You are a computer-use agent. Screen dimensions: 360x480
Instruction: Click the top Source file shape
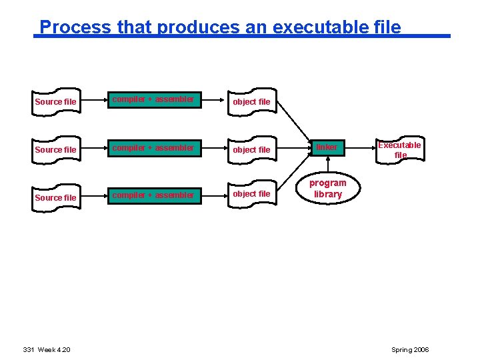click(x=55, y=101)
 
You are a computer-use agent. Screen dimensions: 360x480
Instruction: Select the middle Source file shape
click(x=55, y=149)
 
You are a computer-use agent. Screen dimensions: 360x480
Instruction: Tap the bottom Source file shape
click(x=55, y=197)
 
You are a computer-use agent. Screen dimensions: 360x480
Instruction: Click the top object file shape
click(x=251, y=101)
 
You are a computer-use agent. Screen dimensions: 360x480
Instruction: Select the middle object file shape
click(x=251, y=149)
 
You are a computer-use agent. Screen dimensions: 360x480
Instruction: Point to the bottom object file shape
click(x=251, y=194)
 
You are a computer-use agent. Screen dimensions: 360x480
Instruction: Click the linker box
click(x=327, y=147)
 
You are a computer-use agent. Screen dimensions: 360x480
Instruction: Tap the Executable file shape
click(x=399, y=149)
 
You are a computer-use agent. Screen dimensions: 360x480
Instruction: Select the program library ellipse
click(x=327, y=189)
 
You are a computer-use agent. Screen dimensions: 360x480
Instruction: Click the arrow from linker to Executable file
click(x=358, y=147)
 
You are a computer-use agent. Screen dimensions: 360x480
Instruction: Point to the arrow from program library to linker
click(x=327, y=166)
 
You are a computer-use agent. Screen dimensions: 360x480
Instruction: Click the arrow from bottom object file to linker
click(x=293, y=172)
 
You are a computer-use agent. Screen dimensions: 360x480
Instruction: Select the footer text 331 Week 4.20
click(x=47, y=350)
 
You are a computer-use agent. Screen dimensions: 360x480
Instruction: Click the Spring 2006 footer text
click(x=411, y=350)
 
